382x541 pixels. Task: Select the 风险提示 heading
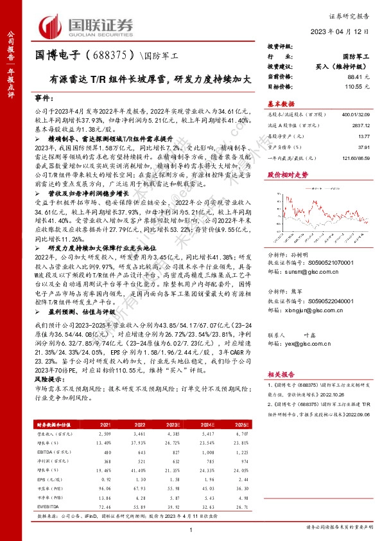point(45,380)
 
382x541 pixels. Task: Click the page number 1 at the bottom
point(192,528)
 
